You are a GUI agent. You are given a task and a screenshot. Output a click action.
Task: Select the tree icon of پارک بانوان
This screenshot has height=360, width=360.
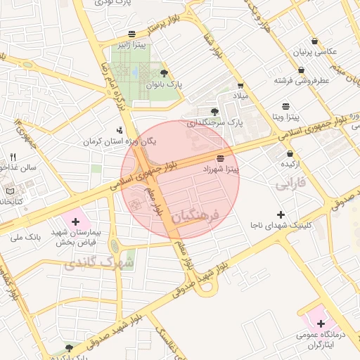[165, 72]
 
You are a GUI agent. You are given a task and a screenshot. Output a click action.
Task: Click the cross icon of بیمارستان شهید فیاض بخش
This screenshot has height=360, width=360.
[75, 221]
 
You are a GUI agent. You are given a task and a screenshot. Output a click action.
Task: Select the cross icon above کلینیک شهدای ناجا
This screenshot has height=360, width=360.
[281, 214]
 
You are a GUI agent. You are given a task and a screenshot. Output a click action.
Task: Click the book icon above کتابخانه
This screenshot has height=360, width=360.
[9, 191]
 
